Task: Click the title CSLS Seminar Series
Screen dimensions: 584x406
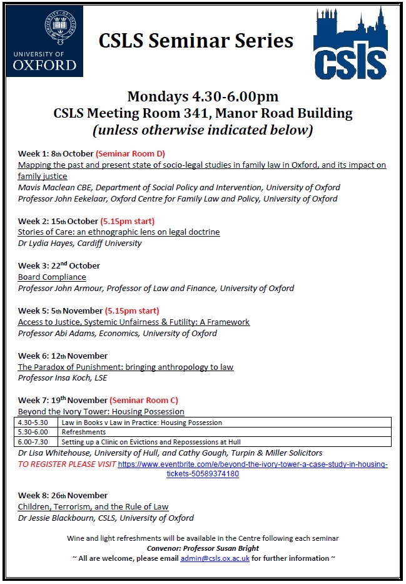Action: (196, 41)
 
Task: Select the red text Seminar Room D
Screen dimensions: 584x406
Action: (131, 153)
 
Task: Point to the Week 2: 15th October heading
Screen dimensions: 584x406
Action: (58, 221)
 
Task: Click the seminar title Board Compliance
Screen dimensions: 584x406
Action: (52, 277)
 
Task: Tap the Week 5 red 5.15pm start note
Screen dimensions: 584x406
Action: (131, 310)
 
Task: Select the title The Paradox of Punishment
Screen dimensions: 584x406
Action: (125, 367)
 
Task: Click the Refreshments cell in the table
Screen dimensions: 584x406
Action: (84, 432)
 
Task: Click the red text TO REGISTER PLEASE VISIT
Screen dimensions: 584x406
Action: (67, 464)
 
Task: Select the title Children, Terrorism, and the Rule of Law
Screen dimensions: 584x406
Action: (93, 506)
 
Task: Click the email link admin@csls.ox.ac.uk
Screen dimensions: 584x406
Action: (215, 557)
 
